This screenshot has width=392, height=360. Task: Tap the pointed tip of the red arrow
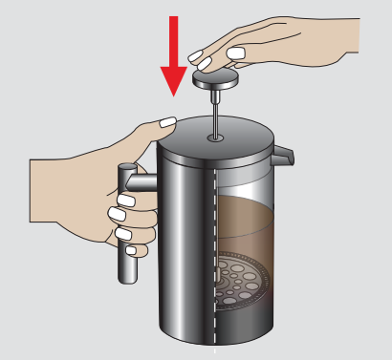coord(174,96)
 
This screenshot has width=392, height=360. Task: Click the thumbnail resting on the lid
coord(168,121)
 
